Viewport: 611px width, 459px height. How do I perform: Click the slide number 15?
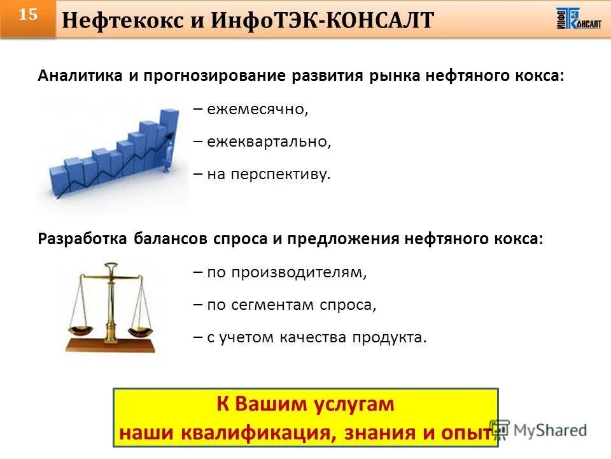pos(27,15)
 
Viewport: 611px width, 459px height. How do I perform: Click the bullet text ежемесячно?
pos(257,110)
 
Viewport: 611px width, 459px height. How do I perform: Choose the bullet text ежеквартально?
pos(269,142)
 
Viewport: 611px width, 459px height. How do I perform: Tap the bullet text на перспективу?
pos(269,174)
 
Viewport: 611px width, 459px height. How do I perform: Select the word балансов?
pos(171,239)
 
